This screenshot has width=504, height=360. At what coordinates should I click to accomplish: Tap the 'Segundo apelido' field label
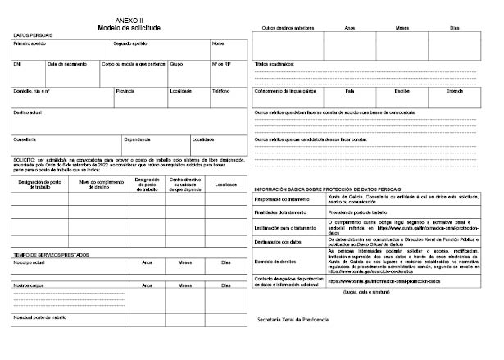[x=131, y=43]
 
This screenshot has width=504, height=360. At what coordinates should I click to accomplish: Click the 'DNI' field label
[x=18, y=63]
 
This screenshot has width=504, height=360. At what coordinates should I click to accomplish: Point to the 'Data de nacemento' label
[x=66, y=63]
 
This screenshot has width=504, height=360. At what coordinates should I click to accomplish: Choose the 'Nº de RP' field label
[x=220, y=63]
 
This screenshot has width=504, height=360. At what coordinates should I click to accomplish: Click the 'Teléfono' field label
[x=220, y=91]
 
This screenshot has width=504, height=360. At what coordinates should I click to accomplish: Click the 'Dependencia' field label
[x=137, y=139]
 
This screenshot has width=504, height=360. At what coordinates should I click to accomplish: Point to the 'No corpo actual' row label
[x=30, y=263]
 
